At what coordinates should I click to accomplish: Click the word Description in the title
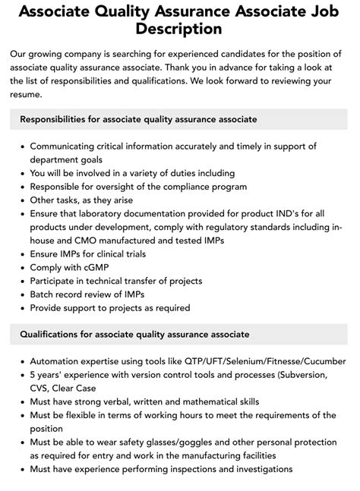[x=180, y=29]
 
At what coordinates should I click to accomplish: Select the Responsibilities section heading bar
[x=179, y=119]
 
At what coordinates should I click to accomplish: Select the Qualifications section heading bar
[x=179, y=334]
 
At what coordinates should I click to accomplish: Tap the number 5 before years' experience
[x=33, y=374]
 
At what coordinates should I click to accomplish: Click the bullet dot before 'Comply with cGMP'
[x=21, y=268]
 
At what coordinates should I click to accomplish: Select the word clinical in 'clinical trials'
[x=108, y=253]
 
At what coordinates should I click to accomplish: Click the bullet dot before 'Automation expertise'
[x=21, y=361]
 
